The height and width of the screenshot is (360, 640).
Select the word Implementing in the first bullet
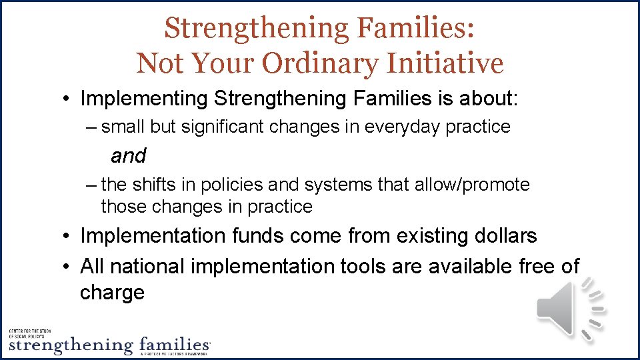pos(144,99)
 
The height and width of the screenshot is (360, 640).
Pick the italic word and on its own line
pos(128,156)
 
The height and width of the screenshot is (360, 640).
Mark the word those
pos(124,207)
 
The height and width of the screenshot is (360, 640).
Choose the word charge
pos(112,293)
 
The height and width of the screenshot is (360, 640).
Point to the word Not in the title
pos(161,64)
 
